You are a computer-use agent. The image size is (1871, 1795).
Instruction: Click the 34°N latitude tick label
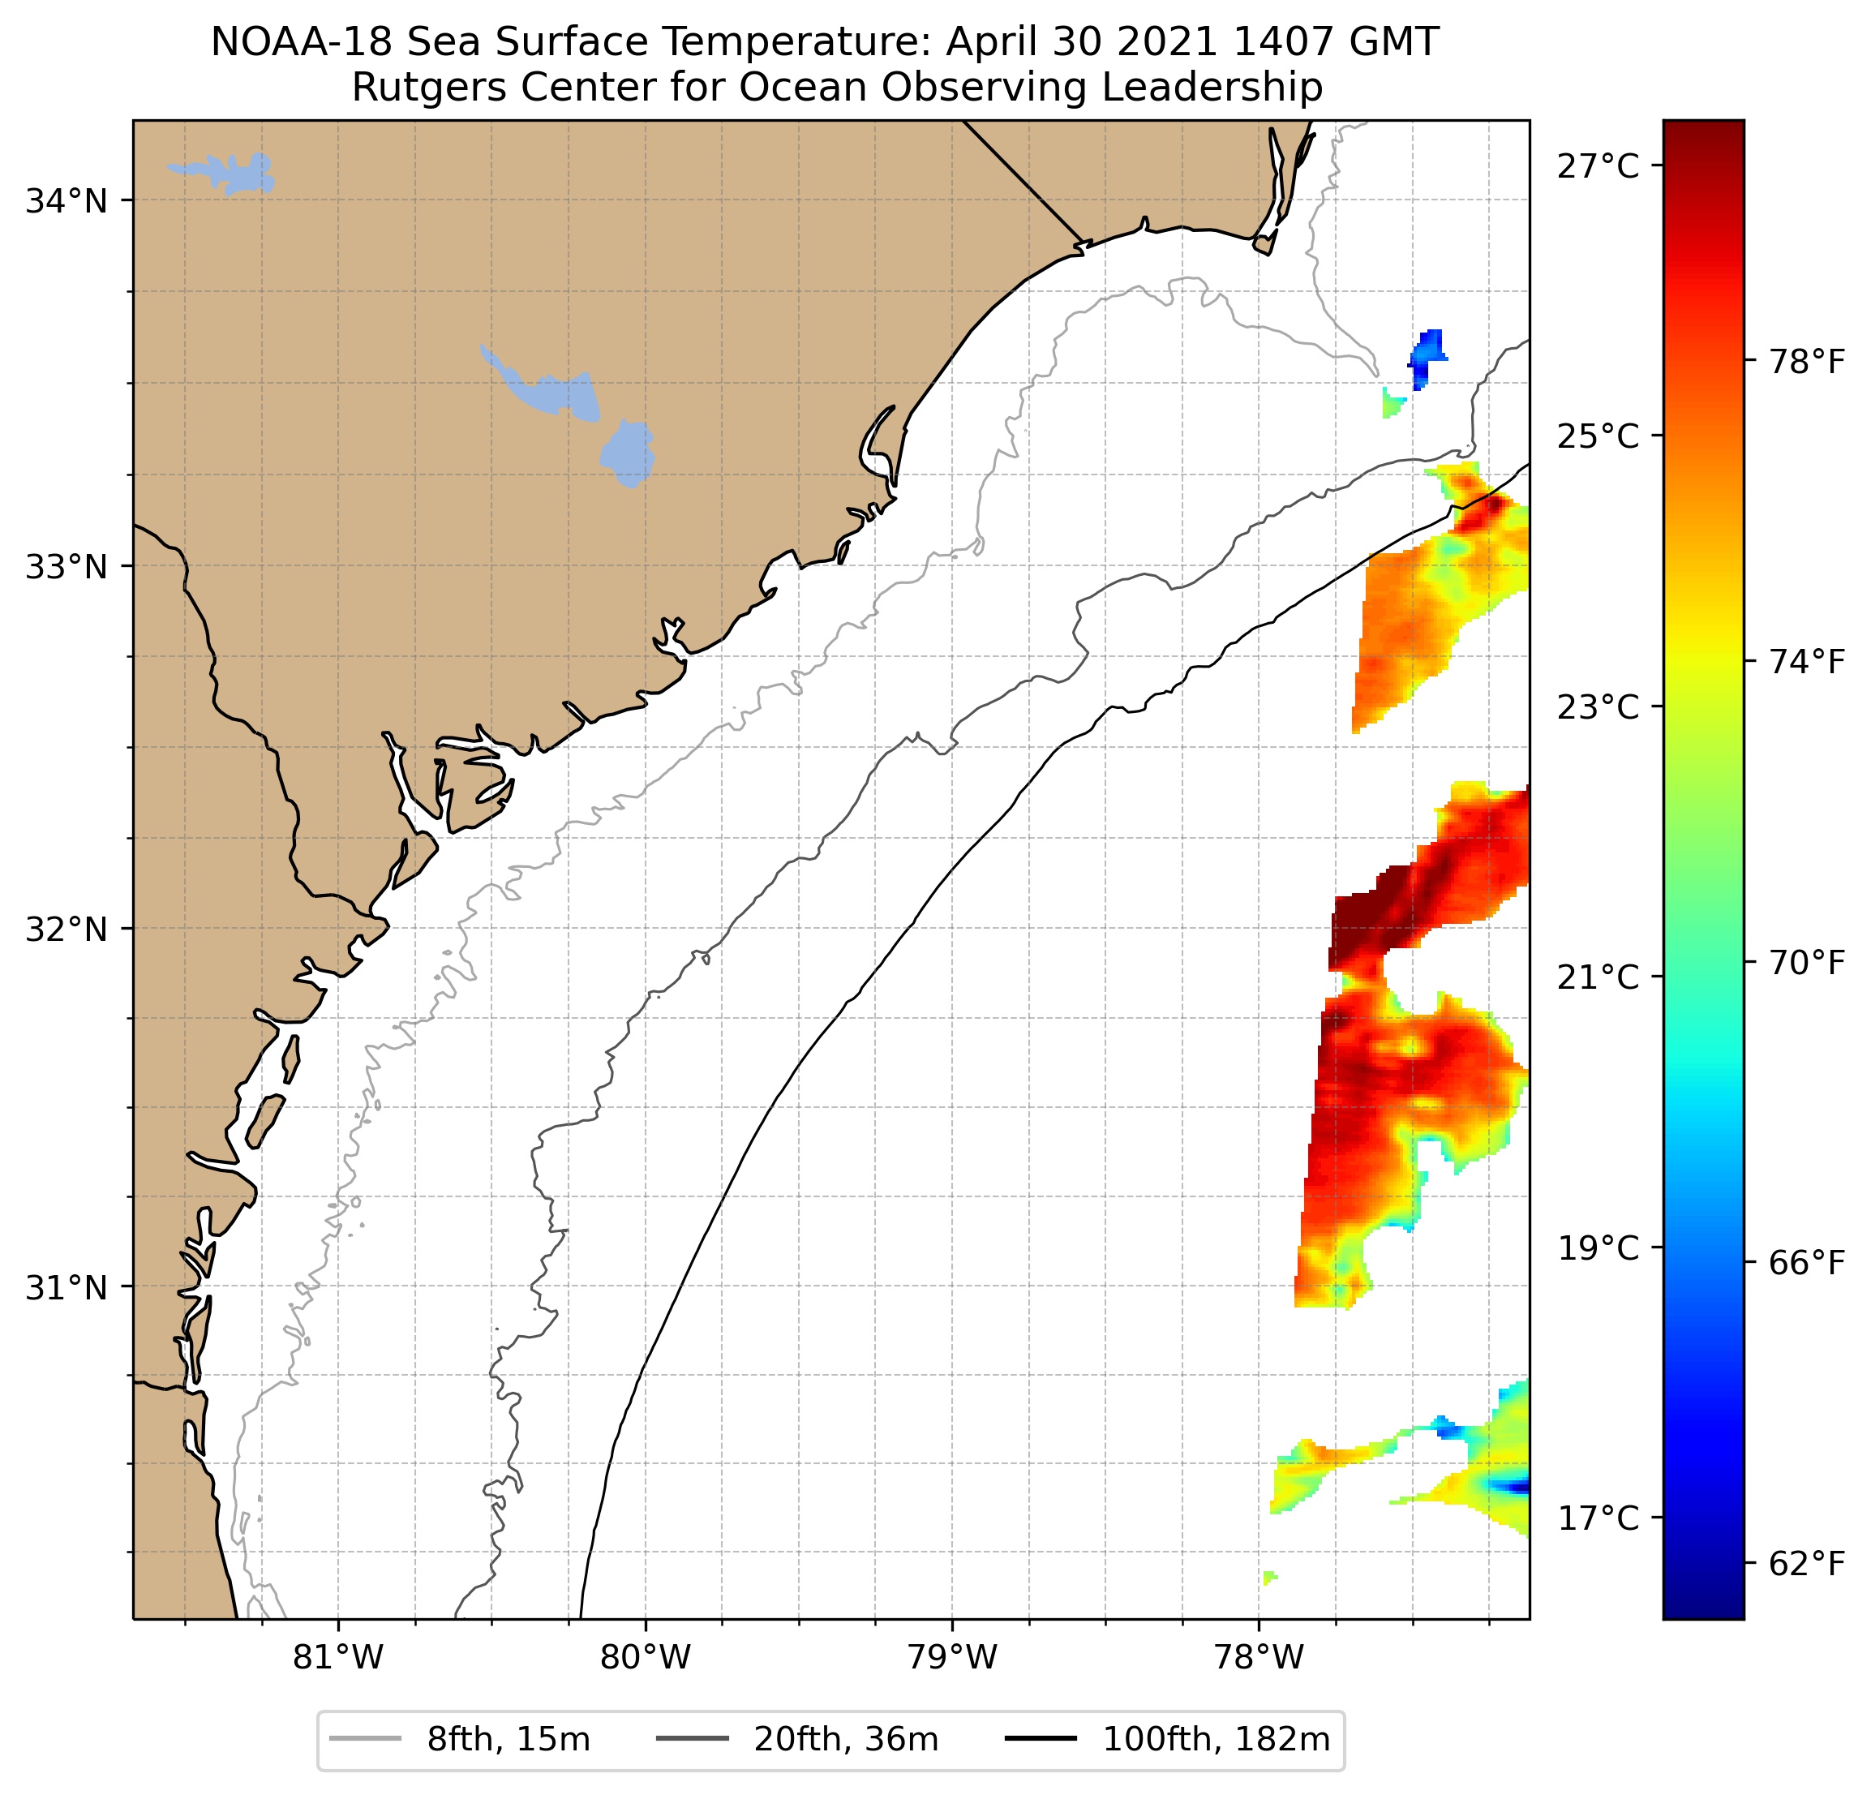click(66, 201)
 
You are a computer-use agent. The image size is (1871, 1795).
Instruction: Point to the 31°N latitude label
click(66, 1288)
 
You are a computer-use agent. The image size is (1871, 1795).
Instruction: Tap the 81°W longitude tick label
click(338, 1659)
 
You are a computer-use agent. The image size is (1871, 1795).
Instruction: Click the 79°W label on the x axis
click(952, 1659)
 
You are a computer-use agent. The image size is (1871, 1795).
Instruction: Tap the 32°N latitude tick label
click(66, 928)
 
